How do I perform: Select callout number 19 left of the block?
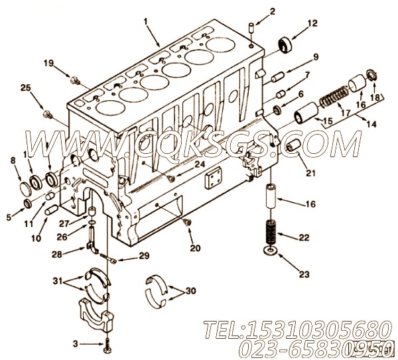(48, 63)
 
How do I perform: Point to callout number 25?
(25, 88)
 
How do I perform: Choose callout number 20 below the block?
(194, 249)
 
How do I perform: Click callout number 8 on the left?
(13, 160)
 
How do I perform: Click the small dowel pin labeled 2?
(251, 27)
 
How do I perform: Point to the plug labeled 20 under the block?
(188, 222)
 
